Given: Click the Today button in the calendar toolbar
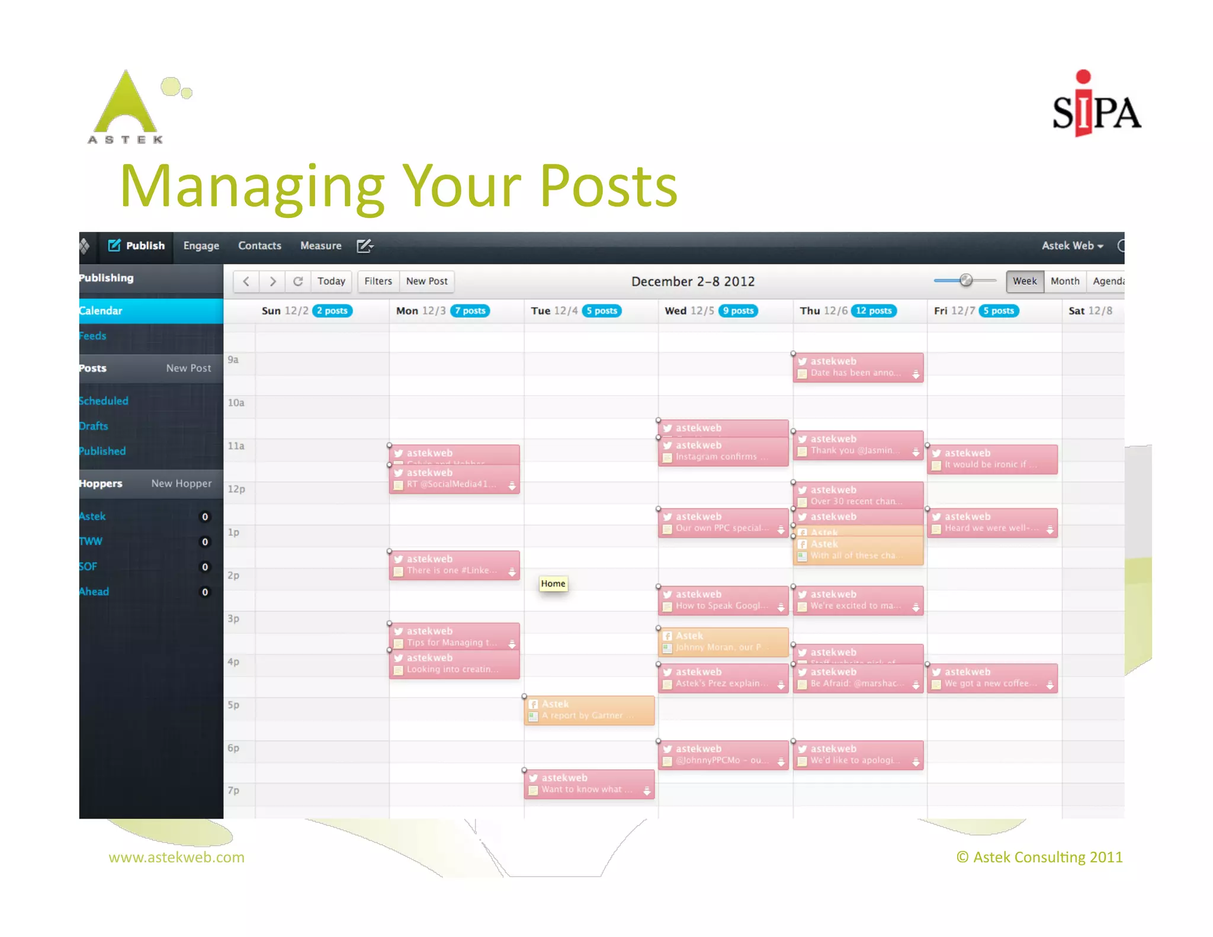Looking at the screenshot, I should click(331, 281).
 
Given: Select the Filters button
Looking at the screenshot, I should click(378, 281).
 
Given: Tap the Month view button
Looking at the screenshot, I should click(1064, 281).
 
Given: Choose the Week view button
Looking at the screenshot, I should click(1024, 281).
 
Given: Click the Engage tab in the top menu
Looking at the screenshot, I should click(201, 246).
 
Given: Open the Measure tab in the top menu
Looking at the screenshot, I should click(320, 246).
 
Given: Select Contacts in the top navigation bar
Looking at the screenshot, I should click(259, 246).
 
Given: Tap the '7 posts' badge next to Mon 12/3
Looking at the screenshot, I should click(470, 311).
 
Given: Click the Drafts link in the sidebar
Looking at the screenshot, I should click(94, 426).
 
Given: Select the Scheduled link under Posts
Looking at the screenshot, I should click(104, 401).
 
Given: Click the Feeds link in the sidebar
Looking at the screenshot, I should click(93, 336).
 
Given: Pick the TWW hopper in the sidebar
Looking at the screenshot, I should click(91, 541).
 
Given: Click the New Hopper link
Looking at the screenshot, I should click(181, 483).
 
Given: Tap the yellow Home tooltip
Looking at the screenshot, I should click(553, 583).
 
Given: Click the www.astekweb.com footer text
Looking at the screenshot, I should click(177, 857).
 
